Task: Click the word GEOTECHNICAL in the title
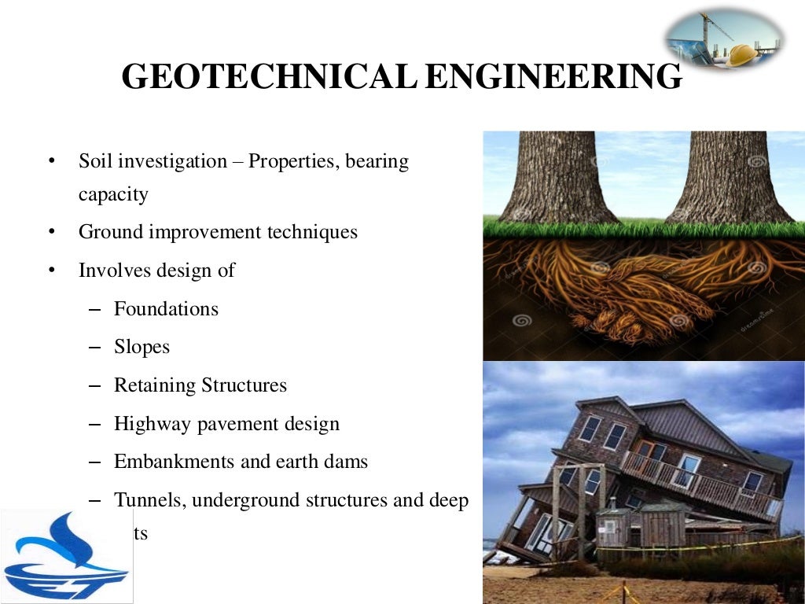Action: click(x=268, y=77)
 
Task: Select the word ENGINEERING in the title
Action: click(x=553, y=77)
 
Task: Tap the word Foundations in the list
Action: click(x=166, y=309)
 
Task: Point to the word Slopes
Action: click(x=142, y=347)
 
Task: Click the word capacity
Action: click(x=113, y=194)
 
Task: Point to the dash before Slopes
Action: click(x=95, y=347)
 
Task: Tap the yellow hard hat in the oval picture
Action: click(x=743, y=54)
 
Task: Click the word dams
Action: click(x=347, y=462)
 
